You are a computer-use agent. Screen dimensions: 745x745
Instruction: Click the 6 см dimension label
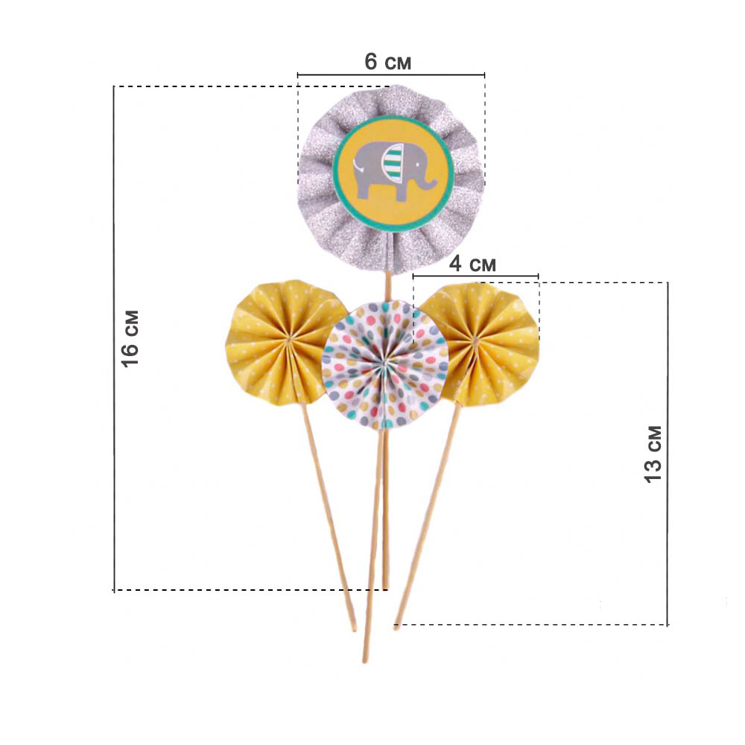[387, 62]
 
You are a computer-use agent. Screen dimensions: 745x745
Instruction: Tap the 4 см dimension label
[472, 264]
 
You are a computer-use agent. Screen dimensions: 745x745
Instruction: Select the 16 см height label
[130, 338]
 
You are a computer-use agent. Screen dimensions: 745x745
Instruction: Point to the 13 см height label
[653, 454]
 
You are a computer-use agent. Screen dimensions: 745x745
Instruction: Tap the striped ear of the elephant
[393, 163]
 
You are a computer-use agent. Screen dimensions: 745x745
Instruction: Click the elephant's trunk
[428, 180]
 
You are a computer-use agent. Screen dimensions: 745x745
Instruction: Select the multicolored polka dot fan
[385, 365]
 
